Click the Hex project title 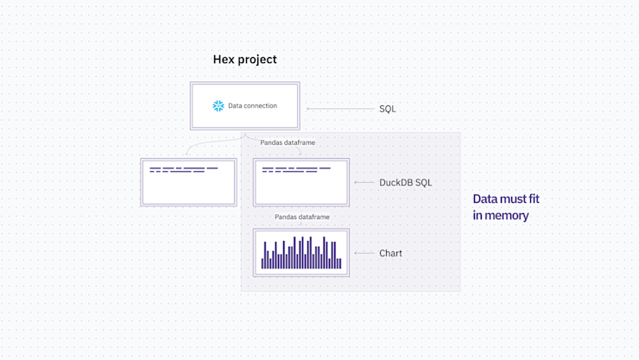[x=244, y=60]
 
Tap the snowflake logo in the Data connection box [x=218, y=106]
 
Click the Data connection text [x=252, y=106]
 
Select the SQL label [x=388, y=109]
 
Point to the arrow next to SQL [x=338, y=109]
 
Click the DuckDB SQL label [x=405, y=183]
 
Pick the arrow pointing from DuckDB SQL [x=364, y=183]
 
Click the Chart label [x=390, y=254]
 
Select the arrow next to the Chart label [x=364, y=254]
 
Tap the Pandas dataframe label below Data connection [x=288, y=142]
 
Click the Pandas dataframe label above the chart [x=301, y=218]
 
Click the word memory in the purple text [x=507, y=216]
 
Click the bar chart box [x=301, y=253]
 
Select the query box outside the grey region [x=188, y=182]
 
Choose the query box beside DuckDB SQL [x=301, y=182]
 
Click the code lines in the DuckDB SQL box [x=295, y=169]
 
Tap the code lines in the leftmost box [x=183, y=169]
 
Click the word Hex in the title [x=223, y=60]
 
